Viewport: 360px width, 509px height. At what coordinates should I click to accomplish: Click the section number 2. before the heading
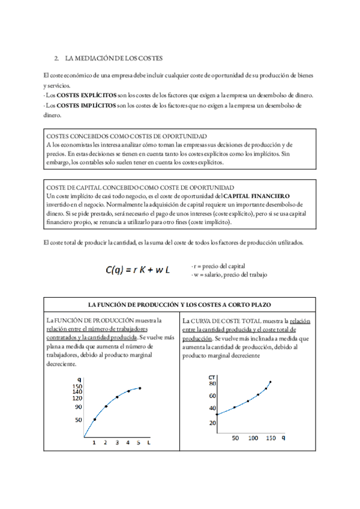(56, 58)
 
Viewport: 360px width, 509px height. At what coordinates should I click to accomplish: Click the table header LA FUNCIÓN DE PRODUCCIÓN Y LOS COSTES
(179, 306)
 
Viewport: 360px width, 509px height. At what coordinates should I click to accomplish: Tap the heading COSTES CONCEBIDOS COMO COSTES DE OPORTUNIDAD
(127, 136)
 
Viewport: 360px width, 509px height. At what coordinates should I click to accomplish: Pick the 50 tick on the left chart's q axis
(78, 420)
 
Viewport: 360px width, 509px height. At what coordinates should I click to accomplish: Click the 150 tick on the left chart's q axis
(77, 387)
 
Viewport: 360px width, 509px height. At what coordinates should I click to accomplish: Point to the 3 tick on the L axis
(117, 442)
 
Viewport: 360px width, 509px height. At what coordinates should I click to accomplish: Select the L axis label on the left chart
(148, 442)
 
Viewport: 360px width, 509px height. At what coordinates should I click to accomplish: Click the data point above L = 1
(94, 419)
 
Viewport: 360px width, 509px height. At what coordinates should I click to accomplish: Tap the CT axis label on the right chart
(211, 378)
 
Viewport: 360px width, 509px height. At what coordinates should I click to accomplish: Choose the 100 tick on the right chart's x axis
(253, 438)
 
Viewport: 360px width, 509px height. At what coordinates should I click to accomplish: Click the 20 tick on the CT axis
(212, 423)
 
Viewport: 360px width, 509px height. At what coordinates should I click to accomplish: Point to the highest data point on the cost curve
(271, 382)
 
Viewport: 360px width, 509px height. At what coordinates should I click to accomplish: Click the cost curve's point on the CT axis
(217, 414)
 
